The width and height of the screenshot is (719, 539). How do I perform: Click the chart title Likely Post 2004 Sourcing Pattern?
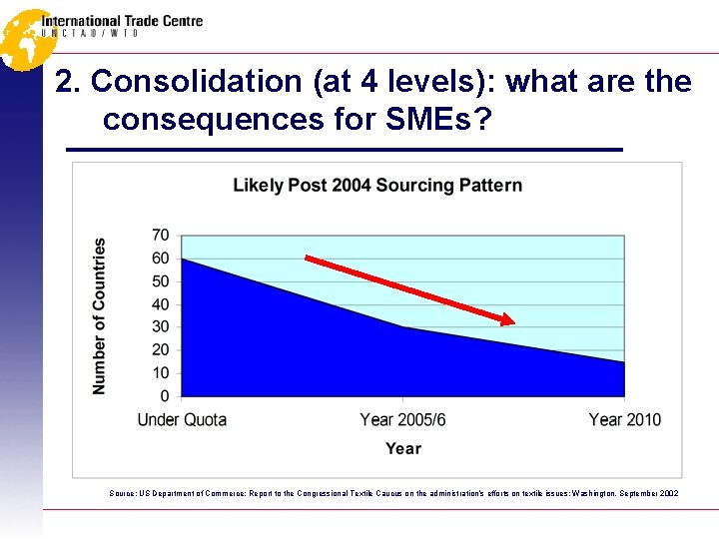pyautogui.click(x=376, y=186)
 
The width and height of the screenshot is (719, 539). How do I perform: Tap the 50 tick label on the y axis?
pyautogui.click(x=160, y=282)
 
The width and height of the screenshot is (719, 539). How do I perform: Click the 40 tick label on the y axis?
pyautogui.click(x=160, y=305)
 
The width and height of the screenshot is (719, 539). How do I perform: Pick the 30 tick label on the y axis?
pyautogui.click(x=160, y=327)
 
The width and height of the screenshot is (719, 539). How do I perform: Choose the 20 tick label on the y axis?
pyautogui.click(x=160, y=350)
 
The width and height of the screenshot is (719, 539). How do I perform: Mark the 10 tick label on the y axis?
pyautogui.click(x=160, y=373)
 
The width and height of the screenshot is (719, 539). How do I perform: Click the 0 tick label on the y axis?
pyautogui.click(x=165, y=396)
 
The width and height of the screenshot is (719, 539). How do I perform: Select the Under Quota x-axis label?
pyautogui.click(x=182, y=419)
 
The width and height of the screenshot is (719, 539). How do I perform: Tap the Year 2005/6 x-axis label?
pyautogui.click(x=402, y=419)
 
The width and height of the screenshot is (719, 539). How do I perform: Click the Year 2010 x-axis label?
pyautogui.click(x=624, y=419)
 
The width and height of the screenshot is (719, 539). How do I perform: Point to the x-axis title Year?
pyautogui.click(x=402, y=449)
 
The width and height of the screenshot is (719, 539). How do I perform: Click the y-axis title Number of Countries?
pyautogui.click(x=100, y=315)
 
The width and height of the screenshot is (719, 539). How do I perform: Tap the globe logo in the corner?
pyautogui.click(x=24, y=38)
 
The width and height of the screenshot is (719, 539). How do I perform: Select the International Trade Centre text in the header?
pyautogui.click(x=122, y=21)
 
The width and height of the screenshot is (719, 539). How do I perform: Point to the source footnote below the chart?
pyautogui.click(x=392, y=493)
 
